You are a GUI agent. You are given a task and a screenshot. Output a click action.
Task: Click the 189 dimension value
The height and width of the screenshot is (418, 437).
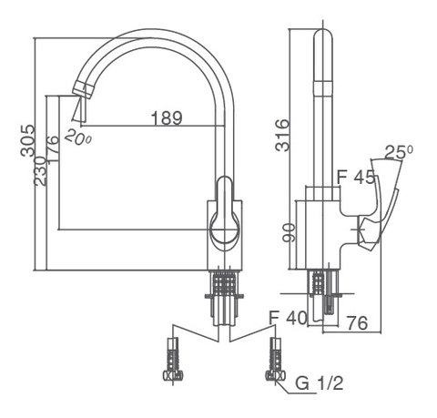(x=166, y=117)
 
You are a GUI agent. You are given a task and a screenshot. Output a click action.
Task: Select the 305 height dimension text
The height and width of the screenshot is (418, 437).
(x=27, y=142)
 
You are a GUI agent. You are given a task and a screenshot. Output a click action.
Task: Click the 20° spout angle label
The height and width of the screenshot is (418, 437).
(x=80, y=138)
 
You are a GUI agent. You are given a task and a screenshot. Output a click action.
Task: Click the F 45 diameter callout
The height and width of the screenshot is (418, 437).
(x=356, y=178)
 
